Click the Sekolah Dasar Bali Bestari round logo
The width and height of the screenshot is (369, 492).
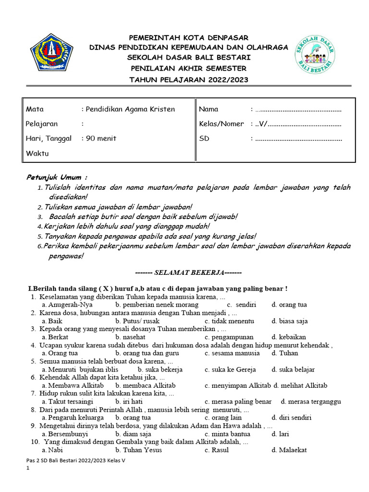315,56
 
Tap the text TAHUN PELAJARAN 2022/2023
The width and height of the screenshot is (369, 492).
189,80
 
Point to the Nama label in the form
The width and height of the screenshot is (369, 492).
209,109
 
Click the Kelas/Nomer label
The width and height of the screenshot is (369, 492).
221,124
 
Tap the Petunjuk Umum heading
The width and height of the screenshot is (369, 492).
57,177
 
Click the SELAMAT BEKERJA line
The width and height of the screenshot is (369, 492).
189,272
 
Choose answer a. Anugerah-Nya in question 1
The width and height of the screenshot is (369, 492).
67,305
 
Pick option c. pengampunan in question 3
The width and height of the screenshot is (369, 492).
229,337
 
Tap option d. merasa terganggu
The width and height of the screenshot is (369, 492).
310,402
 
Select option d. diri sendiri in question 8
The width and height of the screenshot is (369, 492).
291,418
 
